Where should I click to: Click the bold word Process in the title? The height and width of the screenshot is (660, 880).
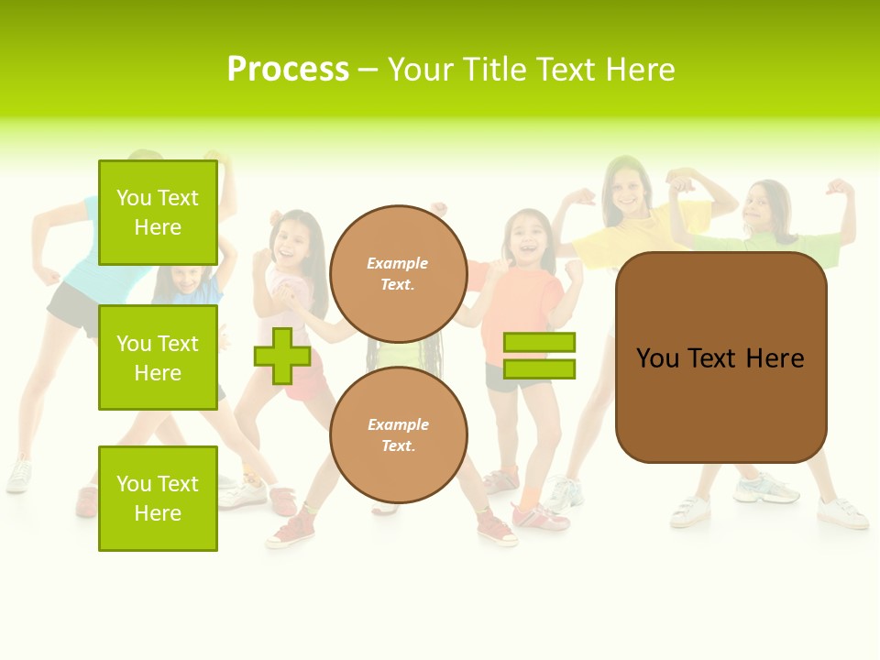click(288, 70)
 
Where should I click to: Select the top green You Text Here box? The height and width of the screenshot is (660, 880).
click(158, 213)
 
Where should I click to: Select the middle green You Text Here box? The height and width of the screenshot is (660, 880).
click(158, 357)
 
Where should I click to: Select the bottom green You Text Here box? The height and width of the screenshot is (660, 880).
click(158, 498)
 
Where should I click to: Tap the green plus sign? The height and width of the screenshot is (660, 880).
click(282, 356)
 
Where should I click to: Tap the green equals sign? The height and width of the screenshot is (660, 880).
click(539, 356)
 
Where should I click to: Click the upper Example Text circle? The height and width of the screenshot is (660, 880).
click(398, 274)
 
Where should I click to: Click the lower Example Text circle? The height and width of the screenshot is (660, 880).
click(398, 435)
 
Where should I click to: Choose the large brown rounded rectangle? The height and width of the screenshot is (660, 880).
click(720, 357)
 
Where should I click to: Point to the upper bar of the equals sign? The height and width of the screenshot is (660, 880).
click(539, 343)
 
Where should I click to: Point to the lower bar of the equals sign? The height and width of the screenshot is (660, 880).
click(539, 368)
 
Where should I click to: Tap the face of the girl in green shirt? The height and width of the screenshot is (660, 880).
click(765, 208)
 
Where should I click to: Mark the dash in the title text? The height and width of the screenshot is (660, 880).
click(368, 71)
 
